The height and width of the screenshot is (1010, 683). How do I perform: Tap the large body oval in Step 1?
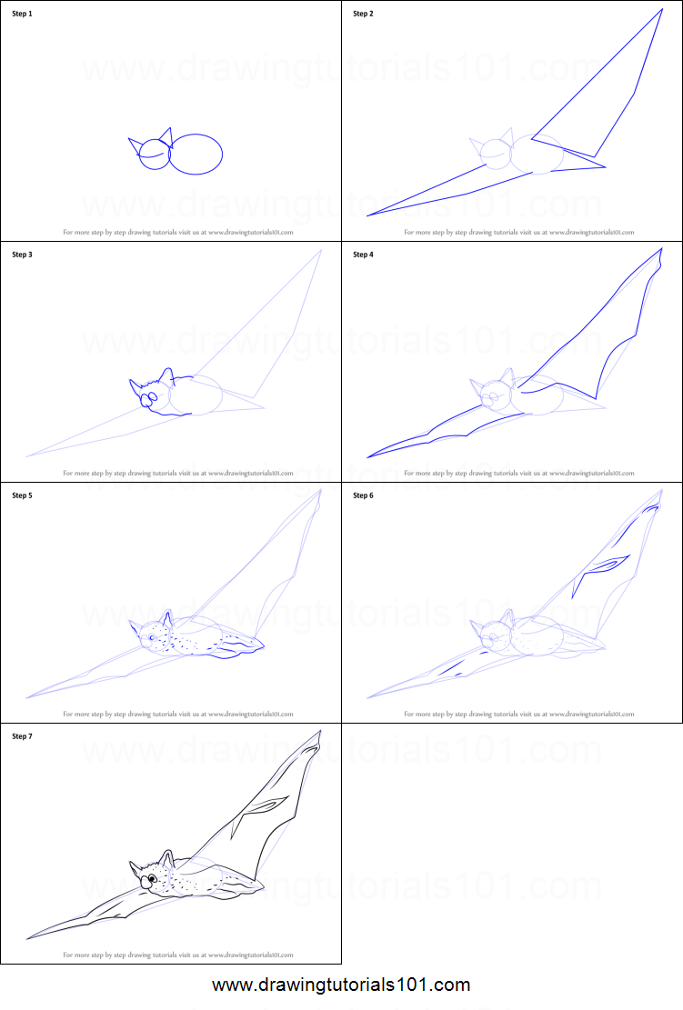pos(196,155)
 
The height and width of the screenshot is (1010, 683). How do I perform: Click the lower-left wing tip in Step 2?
pos(368,215)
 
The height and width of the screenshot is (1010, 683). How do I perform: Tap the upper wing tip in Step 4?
pos(660,250)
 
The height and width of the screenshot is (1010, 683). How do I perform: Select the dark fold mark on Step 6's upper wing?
pos(605,565)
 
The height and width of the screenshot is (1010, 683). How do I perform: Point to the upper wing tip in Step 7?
pos(318,733)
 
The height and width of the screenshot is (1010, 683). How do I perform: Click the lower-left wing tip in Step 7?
pos(29,936)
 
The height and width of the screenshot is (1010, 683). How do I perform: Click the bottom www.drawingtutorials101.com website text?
pos(341,985)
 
